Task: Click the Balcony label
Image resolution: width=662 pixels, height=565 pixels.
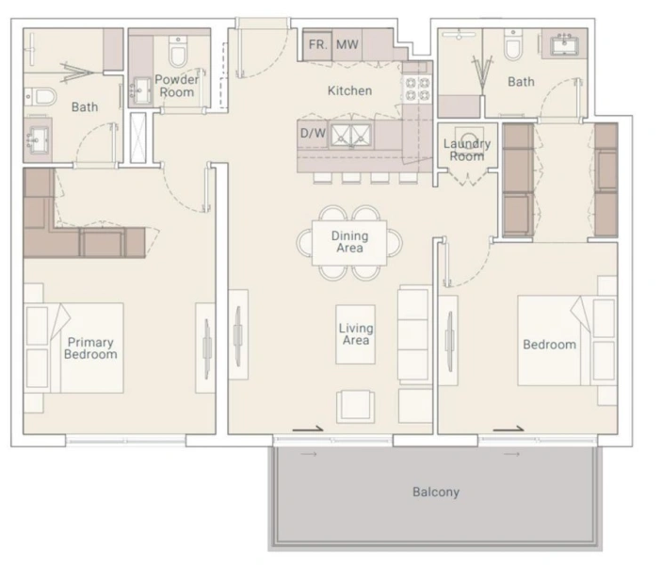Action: [436, 492]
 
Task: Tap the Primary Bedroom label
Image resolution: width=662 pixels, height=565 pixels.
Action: [91, 348]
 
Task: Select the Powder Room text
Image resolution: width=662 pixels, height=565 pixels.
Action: [177, 86]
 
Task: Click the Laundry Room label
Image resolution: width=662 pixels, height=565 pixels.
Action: [467, 150]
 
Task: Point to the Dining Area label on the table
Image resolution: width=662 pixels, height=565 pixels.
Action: [349, 242]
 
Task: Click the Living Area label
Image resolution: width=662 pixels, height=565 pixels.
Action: [356, 334]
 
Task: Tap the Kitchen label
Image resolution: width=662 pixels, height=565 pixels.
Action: [348, 91]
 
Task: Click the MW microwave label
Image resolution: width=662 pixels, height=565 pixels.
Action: [347, 43]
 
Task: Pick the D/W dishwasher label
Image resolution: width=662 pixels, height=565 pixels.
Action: [313, 134]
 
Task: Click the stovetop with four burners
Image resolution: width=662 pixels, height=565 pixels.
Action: [417, 89]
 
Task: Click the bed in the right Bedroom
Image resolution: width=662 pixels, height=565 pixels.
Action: [556, 341]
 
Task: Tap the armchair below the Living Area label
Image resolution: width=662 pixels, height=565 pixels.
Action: [356, 403]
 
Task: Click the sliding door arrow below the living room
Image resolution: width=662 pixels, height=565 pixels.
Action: [308, 429]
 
